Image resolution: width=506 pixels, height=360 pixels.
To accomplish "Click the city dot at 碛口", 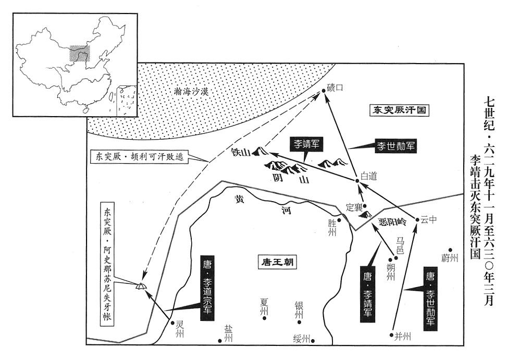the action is tap(324, 91).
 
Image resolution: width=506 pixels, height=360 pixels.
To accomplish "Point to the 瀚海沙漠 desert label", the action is tap(191, 92).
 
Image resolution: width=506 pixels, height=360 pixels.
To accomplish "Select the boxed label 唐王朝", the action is tap(278, 262).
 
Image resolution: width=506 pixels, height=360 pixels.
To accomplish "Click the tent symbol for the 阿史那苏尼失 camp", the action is tap(141, 285).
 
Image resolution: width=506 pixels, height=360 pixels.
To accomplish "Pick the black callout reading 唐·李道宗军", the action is tap(207, 289).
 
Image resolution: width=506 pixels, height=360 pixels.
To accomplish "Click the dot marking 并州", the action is tap(392, 335).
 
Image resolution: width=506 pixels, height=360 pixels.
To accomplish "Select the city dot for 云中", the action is tap(417, 220).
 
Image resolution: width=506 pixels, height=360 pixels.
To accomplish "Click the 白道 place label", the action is tap(369, 176).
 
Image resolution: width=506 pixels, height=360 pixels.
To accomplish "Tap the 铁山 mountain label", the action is tap(241, 153).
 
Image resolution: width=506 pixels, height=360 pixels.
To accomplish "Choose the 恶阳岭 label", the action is tap(392, 222).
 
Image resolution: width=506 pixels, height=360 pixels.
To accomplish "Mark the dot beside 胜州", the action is tap(339, 220).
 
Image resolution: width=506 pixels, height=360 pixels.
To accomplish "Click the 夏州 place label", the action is tap(264, 306).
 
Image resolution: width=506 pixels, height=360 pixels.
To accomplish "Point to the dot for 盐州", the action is tap(220, 341).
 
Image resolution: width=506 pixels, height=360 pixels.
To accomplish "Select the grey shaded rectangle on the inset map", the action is tap(80, 53).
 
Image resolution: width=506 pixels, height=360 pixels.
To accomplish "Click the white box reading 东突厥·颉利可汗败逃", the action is tap(140, 156).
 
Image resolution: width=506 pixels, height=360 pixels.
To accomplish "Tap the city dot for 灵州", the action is tap(172, 322).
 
